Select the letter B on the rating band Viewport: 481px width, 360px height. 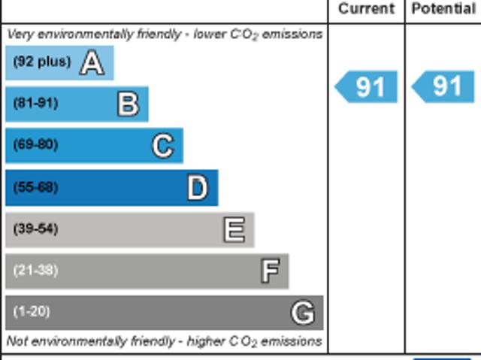pyautogui.click(x=128, y=104)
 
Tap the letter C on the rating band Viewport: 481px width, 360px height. pyautogui.click(x=162, y=145)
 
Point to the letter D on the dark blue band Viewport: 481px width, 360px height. pyautogui.click(x=197, y=187)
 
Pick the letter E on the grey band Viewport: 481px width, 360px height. pyautogui.click(x=234, y=229)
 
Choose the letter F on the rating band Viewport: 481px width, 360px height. pyautogui.click(x=270, y=271)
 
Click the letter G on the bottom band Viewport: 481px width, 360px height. pyautogui.click(x=302, y=312)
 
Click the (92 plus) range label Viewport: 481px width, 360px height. pyautogui.click(x=42, y=62)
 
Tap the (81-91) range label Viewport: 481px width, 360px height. pyautogui.click(x=35, y=104)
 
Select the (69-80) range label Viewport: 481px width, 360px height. pyautogui.click(x=35, y=145)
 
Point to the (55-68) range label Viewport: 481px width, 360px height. pyautogui.click(x=35, y=187)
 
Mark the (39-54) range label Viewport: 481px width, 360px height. pyautogui.click(x=35, y=229)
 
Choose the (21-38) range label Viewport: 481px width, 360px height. pyautogui.click(x=35, y=271)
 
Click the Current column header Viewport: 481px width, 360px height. pyautogui.click(x=366, y=9)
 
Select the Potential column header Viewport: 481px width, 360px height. pyautogui.click(x=443, y=9)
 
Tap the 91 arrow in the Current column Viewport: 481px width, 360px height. pyautogui.click(x=367, y=87)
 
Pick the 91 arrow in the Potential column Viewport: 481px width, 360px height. pyautogui.click(x=444, y=87)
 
